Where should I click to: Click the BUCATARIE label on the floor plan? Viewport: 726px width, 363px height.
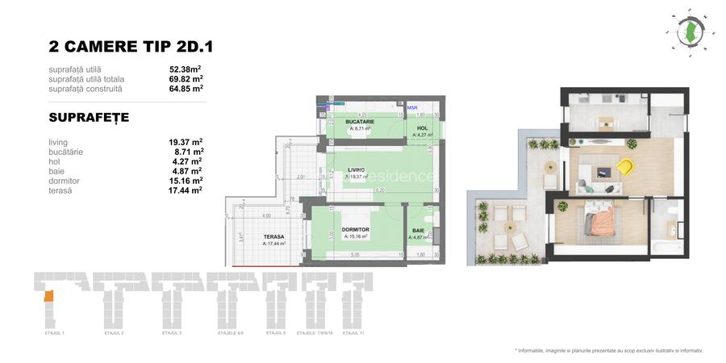360,121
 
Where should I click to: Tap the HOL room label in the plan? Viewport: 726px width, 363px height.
422,127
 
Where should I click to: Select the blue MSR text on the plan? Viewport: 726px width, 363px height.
412,107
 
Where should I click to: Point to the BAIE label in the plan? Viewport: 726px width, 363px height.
419,231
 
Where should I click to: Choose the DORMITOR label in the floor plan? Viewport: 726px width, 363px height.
355,230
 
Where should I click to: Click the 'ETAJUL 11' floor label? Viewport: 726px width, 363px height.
352,332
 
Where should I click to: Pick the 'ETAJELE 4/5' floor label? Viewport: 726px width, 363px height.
230,332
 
